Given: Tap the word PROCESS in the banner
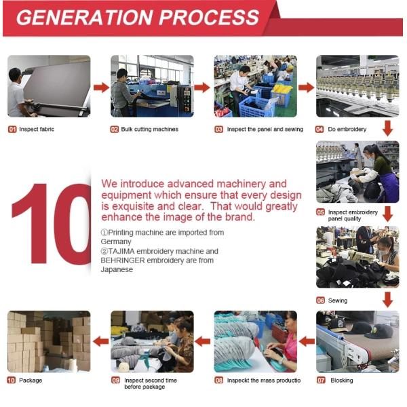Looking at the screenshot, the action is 209,18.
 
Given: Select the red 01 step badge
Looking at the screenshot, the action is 12,130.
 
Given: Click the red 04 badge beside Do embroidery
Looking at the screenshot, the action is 319,130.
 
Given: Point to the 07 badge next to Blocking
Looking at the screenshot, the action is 321,381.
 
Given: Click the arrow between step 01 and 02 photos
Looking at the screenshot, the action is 101,88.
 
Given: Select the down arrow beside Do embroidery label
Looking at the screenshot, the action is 387,128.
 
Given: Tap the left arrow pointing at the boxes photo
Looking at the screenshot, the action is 100,341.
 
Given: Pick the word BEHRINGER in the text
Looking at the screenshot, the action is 123,260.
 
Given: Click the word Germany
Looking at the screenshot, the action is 116,242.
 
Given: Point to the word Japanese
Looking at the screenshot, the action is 117,270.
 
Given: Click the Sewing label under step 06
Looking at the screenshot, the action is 338,301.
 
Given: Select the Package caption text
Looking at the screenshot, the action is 31,381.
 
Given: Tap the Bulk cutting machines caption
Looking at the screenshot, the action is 150,130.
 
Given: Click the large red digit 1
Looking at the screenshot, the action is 33,224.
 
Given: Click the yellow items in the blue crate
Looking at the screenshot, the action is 282,89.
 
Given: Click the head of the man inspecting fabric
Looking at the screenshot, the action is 15,75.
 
